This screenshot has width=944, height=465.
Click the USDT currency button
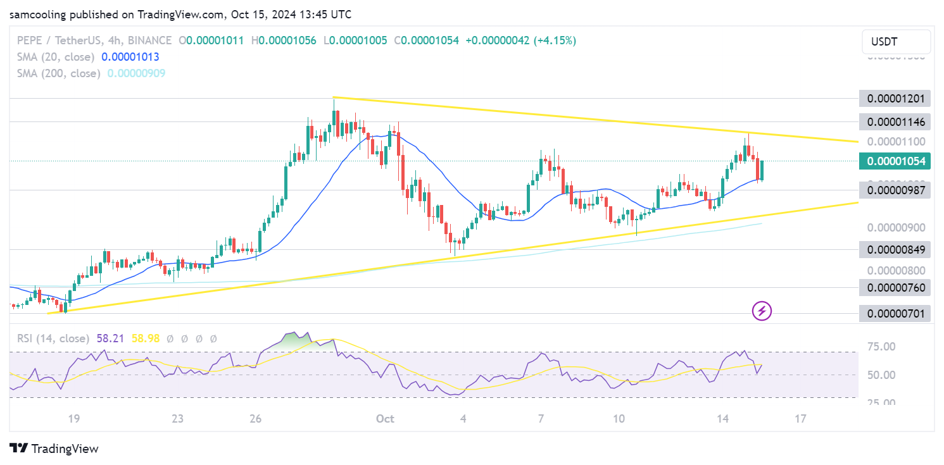[x=896, y=42]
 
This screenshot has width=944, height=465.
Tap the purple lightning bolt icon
[x=762, y=311]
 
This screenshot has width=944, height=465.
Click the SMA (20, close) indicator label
[x=56, y=57]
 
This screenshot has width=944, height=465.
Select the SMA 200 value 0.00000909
[x=136, y=73]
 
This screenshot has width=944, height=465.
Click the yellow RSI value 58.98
[x=146, y=338]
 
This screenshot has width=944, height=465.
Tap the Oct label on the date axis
[x=385, y=418]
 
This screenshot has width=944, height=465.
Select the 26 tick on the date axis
[x=255, y=418]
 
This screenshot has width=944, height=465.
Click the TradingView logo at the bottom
[x=54, y=449]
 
